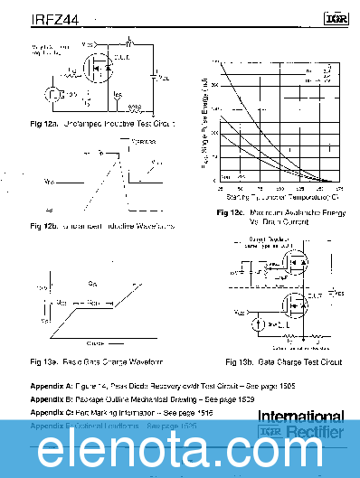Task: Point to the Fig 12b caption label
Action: pyautogui.click(x=44, y=225)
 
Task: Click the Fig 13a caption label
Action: pyautogui.click(x=45, y=361)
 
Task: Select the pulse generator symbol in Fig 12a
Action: pyautogui.click(x=53, y=93)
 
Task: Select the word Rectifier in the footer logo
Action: pyautogui.click(x=316, y=432)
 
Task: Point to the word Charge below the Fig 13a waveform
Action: pyautogui.click(x=95, y=344)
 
